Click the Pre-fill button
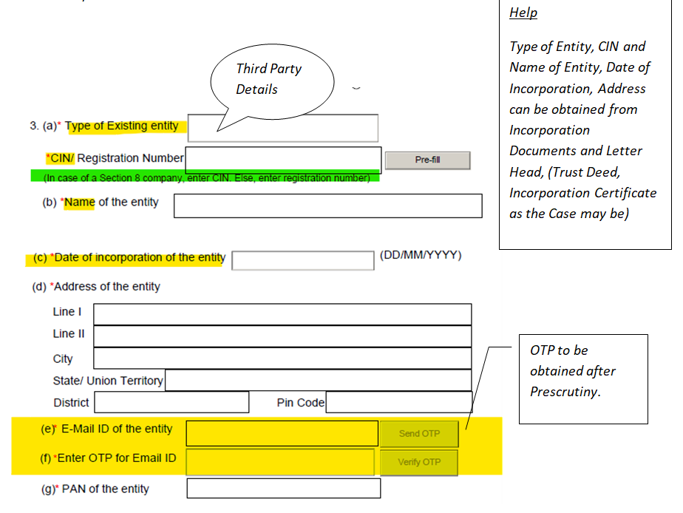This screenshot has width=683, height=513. (x=427, y=160)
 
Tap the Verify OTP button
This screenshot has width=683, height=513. (x=419, y=462)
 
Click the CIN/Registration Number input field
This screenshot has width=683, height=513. (x=283, y=159)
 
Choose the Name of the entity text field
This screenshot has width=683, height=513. (x=327, y=205)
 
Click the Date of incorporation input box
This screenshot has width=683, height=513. (x=303, y=260)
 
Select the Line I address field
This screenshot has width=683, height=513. (x=282, y=314)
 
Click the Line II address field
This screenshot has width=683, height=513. (x=282, y=336)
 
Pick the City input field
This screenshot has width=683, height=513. (x=282, y=359)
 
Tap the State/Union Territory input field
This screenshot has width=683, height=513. (x=318, y=380)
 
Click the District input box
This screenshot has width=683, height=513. (x=171, y=402)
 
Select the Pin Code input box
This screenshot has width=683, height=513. (x=398, y=402)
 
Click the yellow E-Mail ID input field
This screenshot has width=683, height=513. (x=282, y=433)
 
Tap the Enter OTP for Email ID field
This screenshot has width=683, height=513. (x=280, y=462)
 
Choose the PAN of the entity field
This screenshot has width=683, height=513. (x=283, y=489)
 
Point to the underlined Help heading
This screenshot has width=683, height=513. (x=523, y=13)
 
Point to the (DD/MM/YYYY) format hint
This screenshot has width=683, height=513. (x=421, y=256)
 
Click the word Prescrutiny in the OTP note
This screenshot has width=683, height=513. (x=565, y=392)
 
